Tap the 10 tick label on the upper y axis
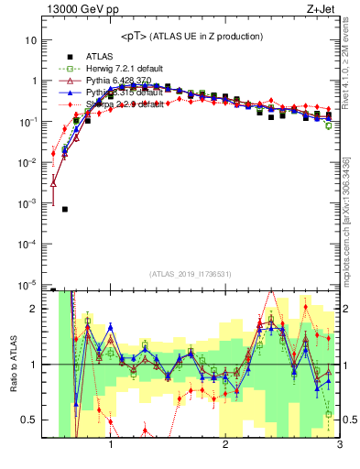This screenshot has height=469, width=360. (31, 40)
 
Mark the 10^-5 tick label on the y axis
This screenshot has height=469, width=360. (28, 284)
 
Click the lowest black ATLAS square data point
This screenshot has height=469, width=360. (65, 209)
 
